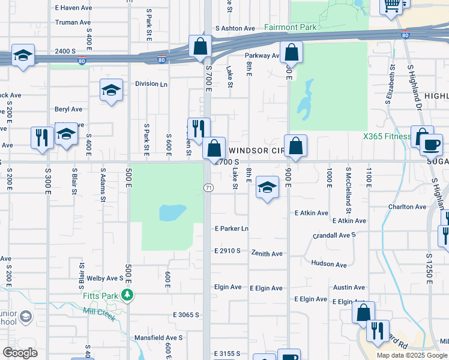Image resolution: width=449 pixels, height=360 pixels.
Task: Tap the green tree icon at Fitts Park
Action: pyautogui.click(x=127, y=295)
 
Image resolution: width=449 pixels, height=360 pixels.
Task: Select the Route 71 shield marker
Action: pyautogui.click(x=207, y=188)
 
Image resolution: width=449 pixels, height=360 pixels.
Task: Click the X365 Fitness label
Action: pyautogui.click(x=387, y=136)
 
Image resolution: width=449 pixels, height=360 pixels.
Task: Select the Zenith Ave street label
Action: pyautogui.click(x=267, y=254)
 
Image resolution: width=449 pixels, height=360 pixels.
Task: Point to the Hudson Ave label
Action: pyautogui.click(x=329, y=264)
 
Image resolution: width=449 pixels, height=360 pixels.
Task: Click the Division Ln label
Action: pyautogui.click(x=151, y=84)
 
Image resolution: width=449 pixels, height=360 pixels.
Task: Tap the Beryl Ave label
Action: pyautogui.click(x=68, y=109)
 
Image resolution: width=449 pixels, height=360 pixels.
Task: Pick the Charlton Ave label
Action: pyautogui.click(x=407, y=207)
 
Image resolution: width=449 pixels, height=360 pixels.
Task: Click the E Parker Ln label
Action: pyautogui.click(x=232, y=229)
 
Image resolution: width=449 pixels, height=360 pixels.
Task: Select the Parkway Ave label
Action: pyautogui.click(x=262, y=56)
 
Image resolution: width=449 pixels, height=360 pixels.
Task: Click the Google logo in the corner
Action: pyautogui.click(x=20, y=353)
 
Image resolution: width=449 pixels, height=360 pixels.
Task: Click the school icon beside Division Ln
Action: pyautogui.click(x=111, y=91)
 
